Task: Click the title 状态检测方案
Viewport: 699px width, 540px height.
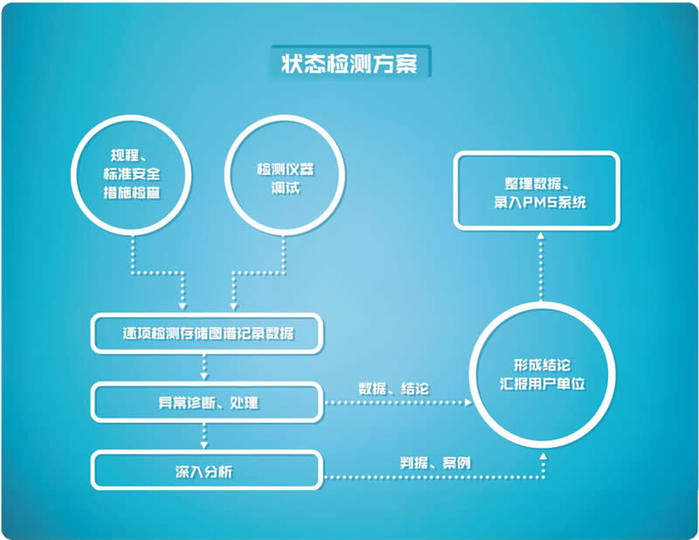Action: [349, 64]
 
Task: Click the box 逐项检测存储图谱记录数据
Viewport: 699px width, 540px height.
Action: [208, 334]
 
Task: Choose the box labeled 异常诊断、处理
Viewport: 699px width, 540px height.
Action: [208, 403]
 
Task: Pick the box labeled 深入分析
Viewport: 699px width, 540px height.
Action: [208, 472]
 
